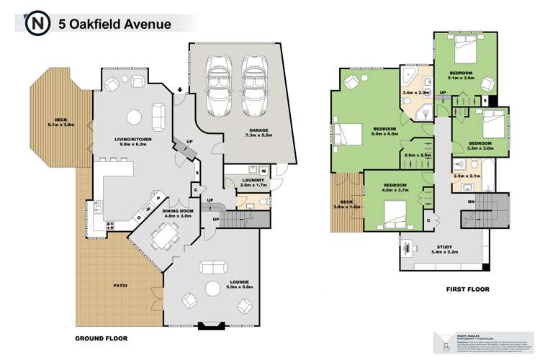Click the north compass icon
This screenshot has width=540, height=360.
coord(35,24)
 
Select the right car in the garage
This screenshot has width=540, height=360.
coord(254,84)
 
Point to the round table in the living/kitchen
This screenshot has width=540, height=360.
coord(134,116)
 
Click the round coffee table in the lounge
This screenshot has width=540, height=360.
coord(212,288)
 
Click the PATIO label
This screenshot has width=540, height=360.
coord(120,286)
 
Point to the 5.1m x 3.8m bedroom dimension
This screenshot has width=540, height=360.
coord(461,79)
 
